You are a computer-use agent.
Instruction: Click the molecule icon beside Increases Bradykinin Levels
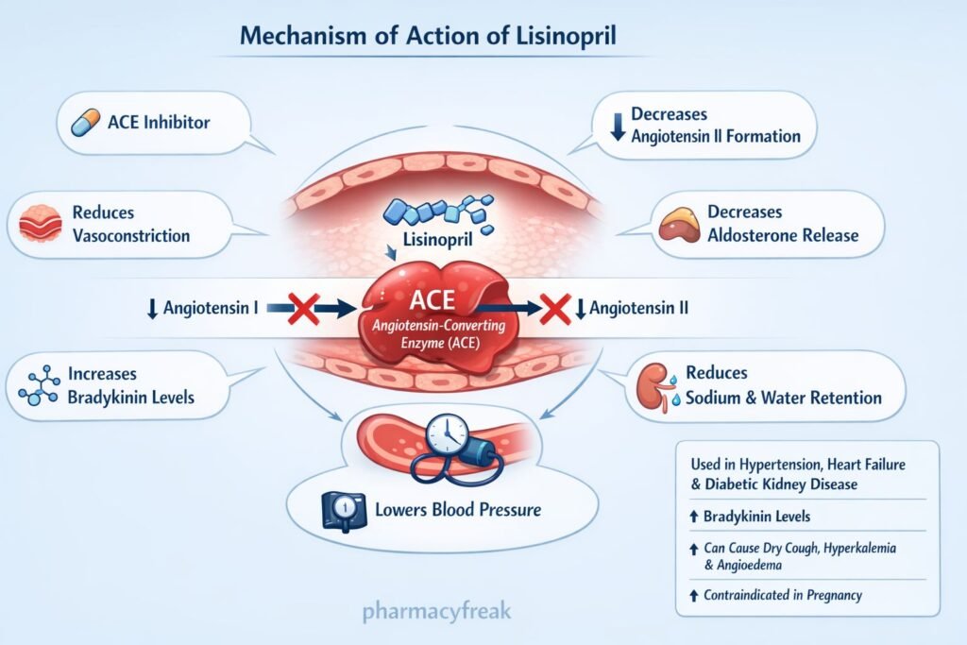36,384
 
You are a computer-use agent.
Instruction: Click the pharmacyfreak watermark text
436,610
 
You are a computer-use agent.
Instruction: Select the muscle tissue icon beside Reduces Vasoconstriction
40,223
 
